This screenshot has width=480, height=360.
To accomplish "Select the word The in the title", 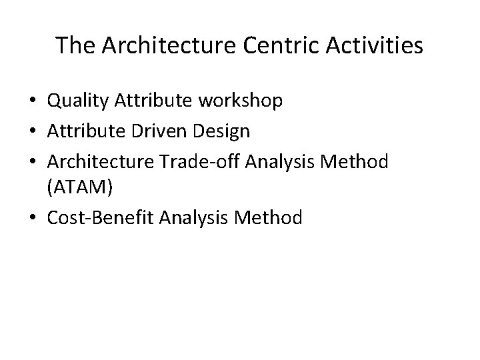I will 73,45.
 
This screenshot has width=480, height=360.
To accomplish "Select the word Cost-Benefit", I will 102,217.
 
